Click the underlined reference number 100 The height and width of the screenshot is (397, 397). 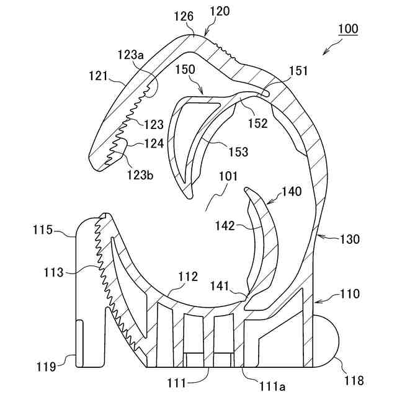[348, 29]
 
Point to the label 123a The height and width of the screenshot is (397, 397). [131, 55]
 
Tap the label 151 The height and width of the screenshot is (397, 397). [298, 71]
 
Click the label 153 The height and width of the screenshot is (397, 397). [238, 151]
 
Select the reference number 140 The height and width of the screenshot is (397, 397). [292, 192]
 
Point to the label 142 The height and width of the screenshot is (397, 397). [225, 226]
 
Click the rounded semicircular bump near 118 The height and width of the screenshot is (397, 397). [329, 340]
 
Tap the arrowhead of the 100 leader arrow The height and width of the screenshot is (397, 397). [324, 49]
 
